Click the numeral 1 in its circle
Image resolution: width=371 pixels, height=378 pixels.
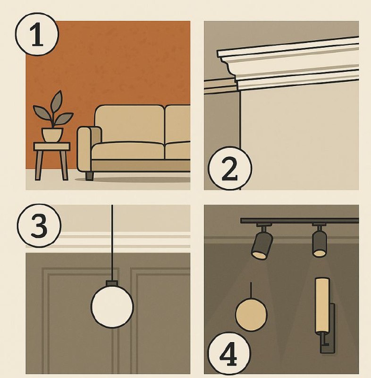pos(37,34)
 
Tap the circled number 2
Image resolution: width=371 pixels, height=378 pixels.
pos(230,168)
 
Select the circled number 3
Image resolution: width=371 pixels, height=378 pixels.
pos(39,226)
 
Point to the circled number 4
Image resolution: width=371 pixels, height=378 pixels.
pos(229,353)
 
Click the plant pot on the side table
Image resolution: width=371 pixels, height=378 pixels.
pos(52,135)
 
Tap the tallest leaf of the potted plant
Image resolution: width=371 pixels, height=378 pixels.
pos(56,101)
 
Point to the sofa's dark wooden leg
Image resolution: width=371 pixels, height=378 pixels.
pos(89,176)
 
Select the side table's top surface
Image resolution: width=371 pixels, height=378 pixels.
pos(52,146)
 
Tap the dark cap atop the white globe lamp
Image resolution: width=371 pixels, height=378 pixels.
pos(112,283)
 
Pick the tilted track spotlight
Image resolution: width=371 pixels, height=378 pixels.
pos(262,244)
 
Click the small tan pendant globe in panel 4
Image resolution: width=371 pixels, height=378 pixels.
pos(251,314)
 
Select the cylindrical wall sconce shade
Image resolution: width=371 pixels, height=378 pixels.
pos(322,305)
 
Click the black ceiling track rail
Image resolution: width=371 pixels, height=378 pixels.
pos(300,221)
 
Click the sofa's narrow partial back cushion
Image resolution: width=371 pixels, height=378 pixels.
pos(177,124)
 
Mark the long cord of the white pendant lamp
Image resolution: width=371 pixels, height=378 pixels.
pos(112,243)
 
